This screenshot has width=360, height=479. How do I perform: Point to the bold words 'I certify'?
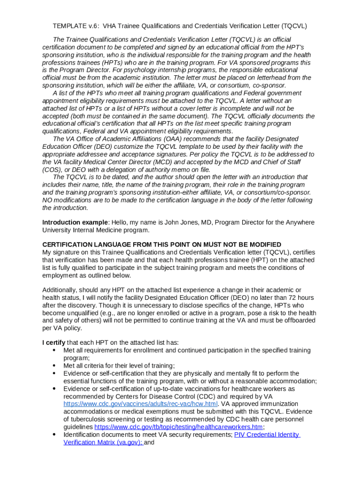click(x=56, y=343)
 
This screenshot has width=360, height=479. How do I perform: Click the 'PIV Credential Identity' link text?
click(x=267, y=435)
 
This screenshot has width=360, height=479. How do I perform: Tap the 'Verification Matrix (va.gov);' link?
click(x=103, y=443)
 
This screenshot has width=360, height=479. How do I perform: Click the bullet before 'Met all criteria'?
click(x=54, y=366)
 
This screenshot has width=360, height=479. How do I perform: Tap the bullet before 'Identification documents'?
click(x=54, y=435)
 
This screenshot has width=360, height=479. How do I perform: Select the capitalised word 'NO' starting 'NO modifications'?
click(x=47, y=200)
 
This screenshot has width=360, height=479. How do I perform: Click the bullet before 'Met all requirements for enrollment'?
click(x=54, y=350)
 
